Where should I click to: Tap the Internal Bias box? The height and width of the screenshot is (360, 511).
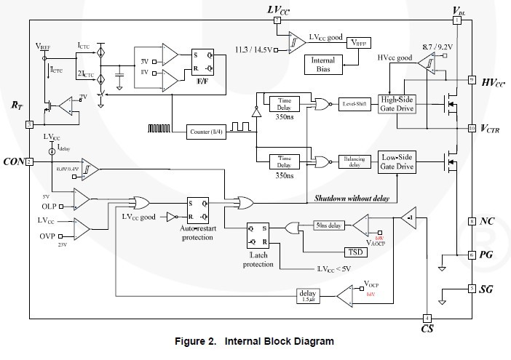click(x=323, y=63)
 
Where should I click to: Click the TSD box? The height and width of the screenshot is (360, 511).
click(x=354, y=252)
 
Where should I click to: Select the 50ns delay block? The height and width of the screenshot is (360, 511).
click(x=329, y=225)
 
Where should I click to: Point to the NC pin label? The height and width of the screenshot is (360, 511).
click(x=487, y=221)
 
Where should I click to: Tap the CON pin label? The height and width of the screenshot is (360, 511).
click(x=14, y=161)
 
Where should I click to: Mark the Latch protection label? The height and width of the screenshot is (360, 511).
click(x=258, y=260)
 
